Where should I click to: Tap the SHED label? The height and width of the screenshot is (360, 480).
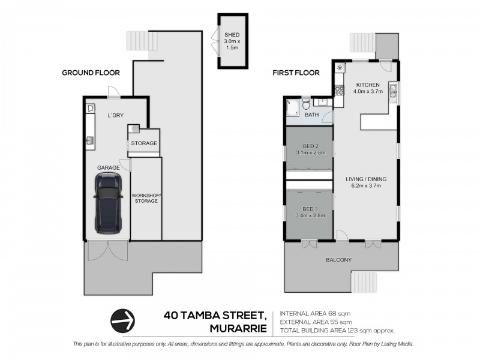click(231, 35)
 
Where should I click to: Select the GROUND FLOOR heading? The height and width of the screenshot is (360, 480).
click(91, 73)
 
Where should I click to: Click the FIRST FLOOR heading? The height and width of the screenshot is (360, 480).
click(296, 73)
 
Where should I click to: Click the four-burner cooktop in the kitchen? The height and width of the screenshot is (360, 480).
click(339, 91)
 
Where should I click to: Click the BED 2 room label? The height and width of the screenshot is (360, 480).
click(310, 146)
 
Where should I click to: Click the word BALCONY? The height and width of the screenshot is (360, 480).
click(340, 260)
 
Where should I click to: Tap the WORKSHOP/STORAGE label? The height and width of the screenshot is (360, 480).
click(146, 198)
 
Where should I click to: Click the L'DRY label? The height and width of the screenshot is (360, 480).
click(116, 115)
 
